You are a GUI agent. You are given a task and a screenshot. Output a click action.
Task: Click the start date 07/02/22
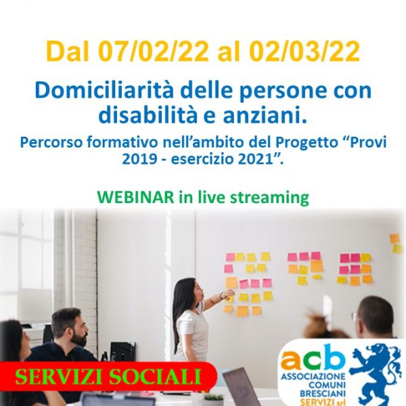tap(154, 52)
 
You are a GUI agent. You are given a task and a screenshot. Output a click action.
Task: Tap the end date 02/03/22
tap(304, 52)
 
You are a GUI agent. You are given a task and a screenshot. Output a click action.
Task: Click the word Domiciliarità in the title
tap(100, 90)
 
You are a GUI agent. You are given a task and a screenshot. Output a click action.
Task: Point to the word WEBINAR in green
tap(135, 198)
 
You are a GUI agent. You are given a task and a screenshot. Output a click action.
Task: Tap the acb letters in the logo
tap(313, 357)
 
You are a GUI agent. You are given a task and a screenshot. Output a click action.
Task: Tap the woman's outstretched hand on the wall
tap(228, 293)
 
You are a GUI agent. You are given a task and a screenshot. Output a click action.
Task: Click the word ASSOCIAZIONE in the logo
tap(313, 376)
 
